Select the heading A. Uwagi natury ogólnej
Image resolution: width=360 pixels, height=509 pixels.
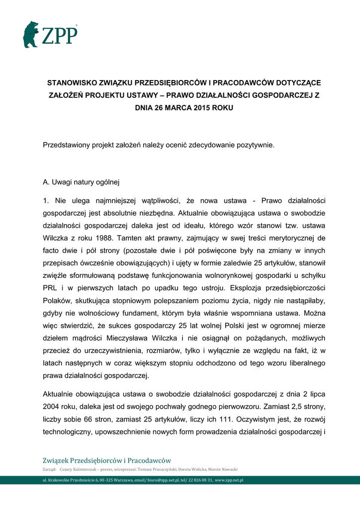click(82, 182)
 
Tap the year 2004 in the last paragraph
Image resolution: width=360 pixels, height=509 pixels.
click(52, 406)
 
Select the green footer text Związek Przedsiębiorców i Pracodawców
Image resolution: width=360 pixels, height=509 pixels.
click(107, 461)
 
